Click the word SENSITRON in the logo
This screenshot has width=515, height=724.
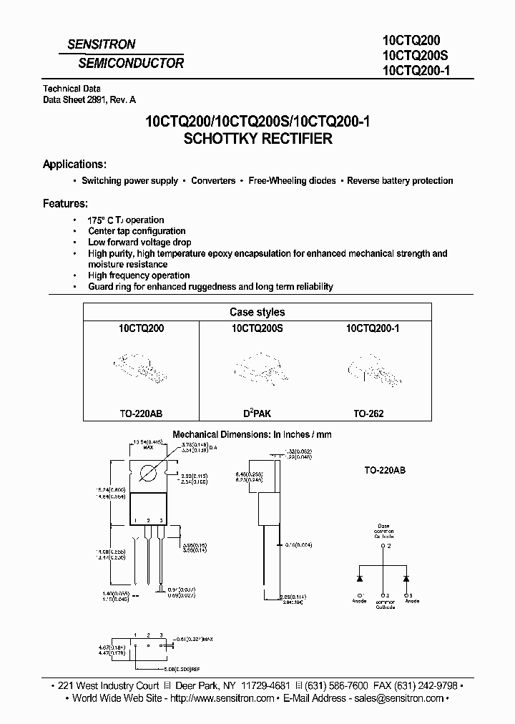coord(101,44)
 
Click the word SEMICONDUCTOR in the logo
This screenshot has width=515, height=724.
coord(131,63)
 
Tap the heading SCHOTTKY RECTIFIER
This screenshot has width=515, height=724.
coord(257,139)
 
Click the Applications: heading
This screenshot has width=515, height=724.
coord(75,164)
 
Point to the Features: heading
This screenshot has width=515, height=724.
coord(65,203)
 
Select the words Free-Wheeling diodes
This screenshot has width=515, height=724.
coord(292,181)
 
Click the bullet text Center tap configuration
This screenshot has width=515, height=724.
coord(137,231)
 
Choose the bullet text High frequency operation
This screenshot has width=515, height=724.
coord(139,275)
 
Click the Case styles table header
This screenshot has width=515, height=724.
coord(257,312)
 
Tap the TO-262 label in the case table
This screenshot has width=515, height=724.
coord(368,414)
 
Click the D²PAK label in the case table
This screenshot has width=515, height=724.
coord(257,414)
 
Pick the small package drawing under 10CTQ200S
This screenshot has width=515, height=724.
coord(255,368)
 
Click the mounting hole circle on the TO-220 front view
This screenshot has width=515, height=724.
coord(149,472)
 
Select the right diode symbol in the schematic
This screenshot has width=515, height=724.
coord(407,577)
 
